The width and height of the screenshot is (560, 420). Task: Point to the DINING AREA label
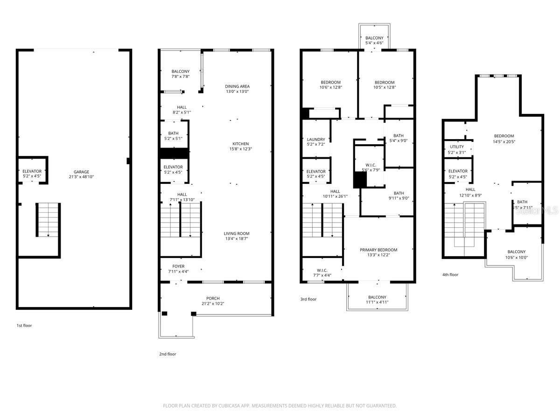tap(237, 86)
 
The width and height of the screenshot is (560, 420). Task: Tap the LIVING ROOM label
tap(237, 233)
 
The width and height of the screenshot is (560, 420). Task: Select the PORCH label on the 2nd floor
tap(213, 298)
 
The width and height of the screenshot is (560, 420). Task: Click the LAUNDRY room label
tap(316, 139)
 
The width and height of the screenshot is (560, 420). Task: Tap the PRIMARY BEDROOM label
tap(378, 250)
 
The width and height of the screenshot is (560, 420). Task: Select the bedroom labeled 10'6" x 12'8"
tap(330, 83)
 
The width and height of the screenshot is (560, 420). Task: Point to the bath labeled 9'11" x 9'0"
tap(399, 193)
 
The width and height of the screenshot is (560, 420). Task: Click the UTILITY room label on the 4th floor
tap(457, 147)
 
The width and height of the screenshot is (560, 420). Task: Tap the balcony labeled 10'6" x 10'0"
tap(516, 252)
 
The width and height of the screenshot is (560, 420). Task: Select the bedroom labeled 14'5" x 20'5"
tap(504, 136)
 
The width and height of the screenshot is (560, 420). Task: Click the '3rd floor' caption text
tap(308, 299)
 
